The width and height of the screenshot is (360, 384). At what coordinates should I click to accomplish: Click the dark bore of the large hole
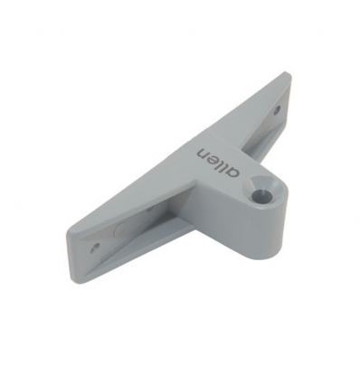[262, 192]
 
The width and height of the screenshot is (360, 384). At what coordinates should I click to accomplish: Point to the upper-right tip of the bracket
[289, 80]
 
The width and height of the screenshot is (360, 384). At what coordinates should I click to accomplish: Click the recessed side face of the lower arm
[145, 226]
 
